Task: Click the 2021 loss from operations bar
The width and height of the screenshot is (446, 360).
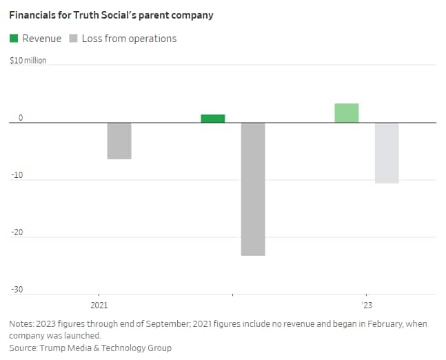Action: coord(119,141)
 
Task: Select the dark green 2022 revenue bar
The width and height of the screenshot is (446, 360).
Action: coord(213,119)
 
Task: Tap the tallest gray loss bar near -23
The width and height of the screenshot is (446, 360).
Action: coord(253,189)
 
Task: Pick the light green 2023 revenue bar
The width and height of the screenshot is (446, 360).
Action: coord(347,113)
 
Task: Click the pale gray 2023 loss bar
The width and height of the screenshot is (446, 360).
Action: coord(387,153)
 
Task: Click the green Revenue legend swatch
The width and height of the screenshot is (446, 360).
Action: coord(14,39)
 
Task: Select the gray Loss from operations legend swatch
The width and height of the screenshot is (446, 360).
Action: coord(73,39)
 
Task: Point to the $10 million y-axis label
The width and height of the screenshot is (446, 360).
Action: coord(28,61)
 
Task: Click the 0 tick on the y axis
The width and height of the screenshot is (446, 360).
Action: coord(21,118)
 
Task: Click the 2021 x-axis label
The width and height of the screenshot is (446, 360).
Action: coord(99,305)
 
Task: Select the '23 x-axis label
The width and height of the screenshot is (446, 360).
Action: coord(366,305)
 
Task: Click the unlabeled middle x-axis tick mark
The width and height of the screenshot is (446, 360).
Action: coord(232,296)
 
